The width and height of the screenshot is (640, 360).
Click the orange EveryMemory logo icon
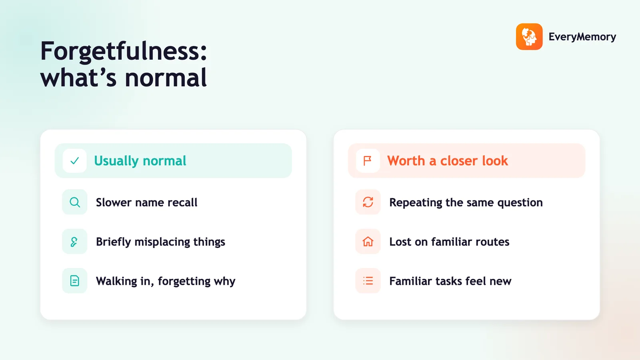tap(529, 36)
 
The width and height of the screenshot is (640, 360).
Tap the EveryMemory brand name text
tap(582, 37)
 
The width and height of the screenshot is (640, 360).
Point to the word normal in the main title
tap(166, 78)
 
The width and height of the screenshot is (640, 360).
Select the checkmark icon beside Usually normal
tap(74, 160)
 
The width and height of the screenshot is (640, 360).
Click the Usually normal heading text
tap(140, 161)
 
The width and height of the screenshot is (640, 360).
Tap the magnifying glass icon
tap(74, 202)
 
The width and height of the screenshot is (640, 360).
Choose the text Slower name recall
tap(146, 202)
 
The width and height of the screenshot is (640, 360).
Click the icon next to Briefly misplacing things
tap(74, 242)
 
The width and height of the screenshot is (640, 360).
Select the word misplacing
tap(162, 242)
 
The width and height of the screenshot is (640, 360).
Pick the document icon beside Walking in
tap(74, 281)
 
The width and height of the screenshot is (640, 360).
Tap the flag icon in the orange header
tap(368, 160)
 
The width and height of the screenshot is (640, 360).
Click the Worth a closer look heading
tap(448, 160)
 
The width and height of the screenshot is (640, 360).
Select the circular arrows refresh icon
tap(368, 202)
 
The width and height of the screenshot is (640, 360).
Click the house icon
tap(368, 242)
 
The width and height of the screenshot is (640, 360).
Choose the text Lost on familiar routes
tap(449, 242)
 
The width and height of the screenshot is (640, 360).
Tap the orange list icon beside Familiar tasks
tap(368, 281)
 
